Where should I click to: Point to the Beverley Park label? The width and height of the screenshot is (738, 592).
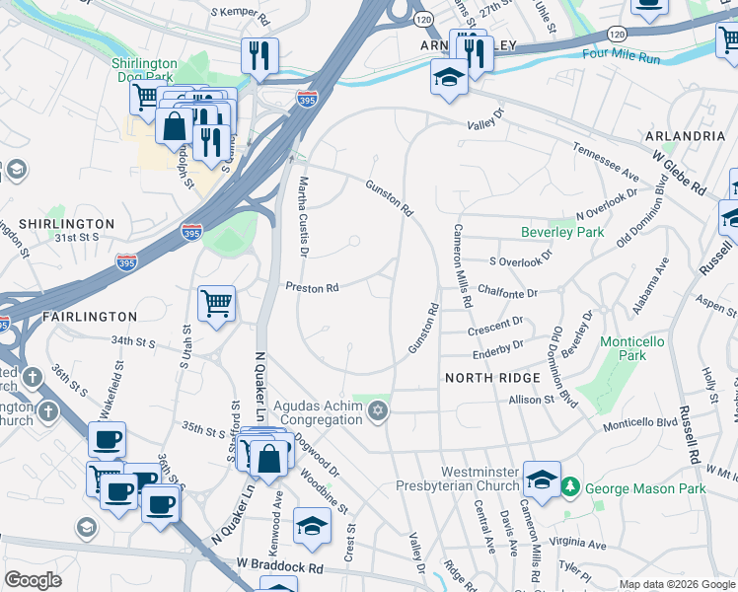[x=561, y=233]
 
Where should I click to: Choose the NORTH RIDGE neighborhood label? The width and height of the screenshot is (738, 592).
[x=492, y=378]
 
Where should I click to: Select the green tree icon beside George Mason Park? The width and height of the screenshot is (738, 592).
[x=569, y=487]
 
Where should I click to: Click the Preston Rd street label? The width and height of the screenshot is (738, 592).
[x=312, y=288]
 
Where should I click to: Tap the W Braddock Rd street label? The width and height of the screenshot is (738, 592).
[x=279, y=568]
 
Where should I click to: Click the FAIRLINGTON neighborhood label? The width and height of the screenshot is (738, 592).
[x=90, y=317]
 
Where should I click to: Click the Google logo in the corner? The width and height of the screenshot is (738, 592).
[x=33, y=580]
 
